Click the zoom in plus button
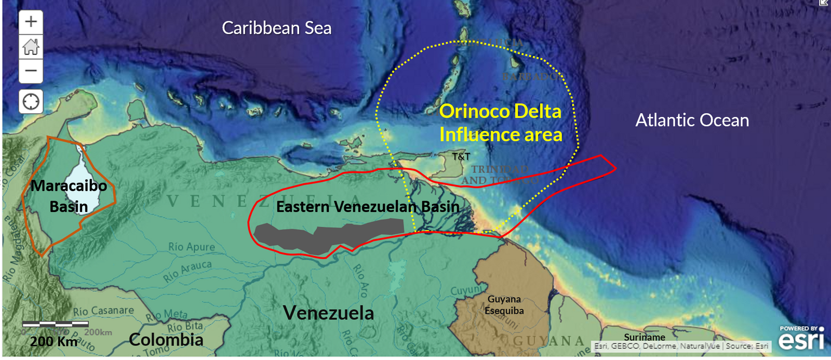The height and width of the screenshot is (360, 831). (31, 22)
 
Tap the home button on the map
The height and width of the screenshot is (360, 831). (31, 47)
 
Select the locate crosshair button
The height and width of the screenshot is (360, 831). (31, 101)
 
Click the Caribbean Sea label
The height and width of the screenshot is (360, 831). (276, 28)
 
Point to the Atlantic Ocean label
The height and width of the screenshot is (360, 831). (692, 121)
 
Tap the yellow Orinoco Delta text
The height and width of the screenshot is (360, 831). (500, 112)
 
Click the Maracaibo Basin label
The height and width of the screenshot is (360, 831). (69, 196)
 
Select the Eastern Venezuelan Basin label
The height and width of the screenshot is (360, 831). (367, 207)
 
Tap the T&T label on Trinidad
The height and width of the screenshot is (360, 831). (461, 156)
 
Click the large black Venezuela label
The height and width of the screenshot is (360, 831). (328, 313)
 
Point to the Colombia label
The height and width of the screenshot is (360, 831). (166, 340)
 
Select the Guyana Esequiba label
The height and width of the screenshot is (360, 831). (504, 305)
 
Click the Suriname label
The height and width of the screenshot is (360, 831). (645, 337)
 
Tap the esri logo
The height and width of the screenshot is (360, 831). (801, 340)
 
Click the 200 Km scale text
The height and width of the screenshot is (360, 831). (54, 341)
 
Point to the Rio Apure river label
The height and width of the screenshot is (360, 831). (191, 247)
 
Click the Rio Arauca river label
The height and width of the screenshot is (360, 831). (187, 271)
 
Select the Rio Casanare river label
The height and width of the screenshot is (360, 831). (103, 311)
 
